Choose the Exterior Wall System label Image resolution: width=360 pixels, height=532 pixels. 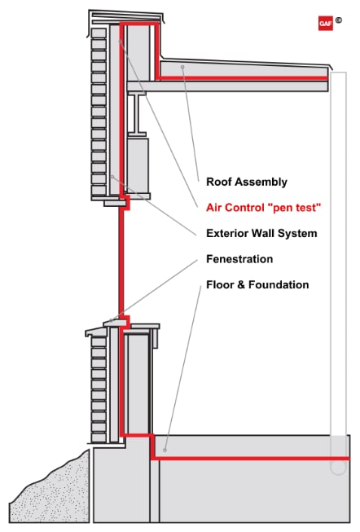pyautogui.click(x=261, y=234)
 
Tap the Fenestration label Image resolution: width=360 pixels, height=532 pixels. pyautogui.click(x=239, y=259)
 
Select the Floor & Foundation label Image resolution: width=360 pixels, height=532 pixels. pyautogui.click(x=257, y=285)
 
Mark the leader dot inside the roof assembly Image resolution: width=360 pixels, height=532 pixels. pyautogui.click(x=184, y=67)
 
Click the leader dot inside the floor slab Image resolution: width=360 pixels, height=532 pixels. pyautogui.click(x=166, y=448)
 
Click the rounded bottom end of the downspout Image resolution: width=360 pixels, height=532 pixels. pyautogui.click(x=338, y=468)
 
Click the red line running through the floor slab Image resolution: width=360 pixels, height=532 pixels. pyautogui.click(x=244, y=459)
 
